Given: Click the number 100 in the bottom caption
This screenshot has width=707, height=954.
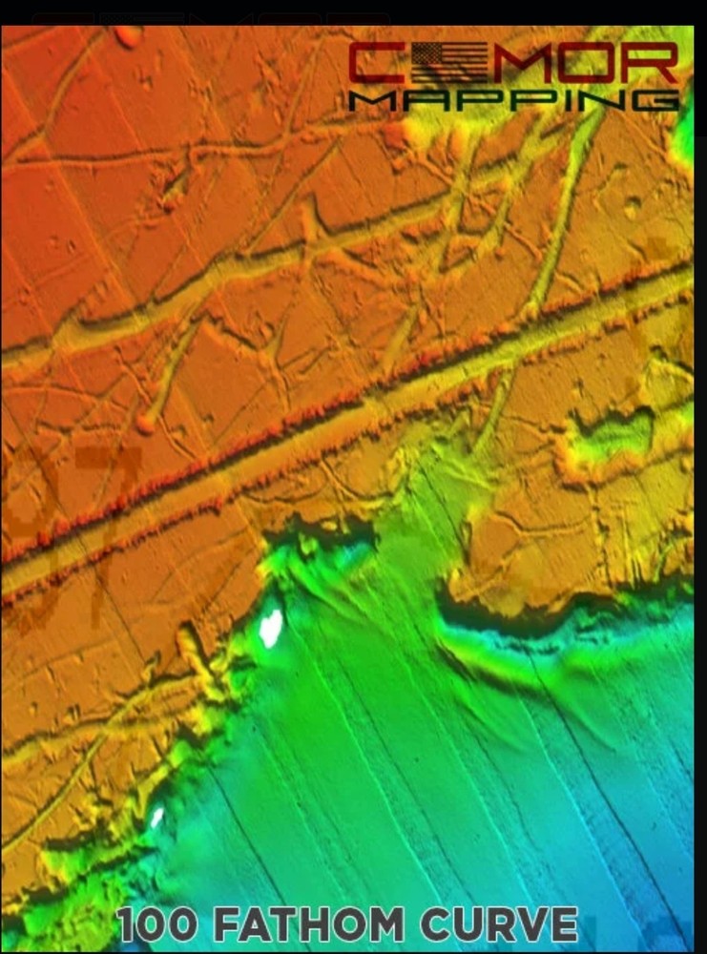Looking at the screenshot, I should [158, 925].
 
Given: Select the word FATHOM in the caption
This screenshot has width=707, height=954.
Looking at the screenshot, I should [305, 925].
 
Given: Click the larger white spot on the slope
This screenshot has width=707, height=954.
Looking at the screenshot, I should [271, 627].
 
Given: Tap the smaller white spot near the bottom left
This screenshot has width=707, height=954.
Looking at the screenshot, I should [156, 817].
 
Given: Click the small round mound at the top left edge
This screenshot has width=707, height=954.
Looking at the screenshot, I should [127, 36].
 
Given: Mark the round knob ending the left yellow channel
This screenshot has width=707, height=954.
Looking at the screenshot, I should [145, 423].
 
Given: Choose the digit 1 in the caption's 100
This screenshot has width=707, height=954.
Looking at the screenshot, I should [128, 925].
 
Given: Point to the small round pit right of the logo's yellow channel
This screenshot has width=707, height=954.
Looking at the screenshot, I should [632, 204].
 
